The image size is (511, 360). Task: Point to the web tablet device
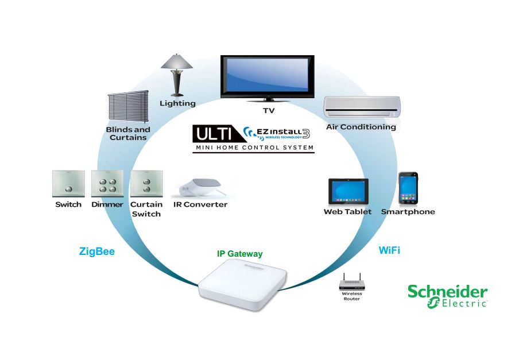click(x=347, y=191)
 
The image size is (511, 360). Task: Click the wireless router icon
click(x=351, y=283)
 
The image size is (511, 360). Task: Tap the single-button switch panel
click(x=68, y=184)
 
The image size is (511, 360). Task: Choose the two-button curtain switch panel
click(x=146, y=184)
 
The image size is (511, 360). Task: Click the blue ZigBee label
click(x=97, y=251)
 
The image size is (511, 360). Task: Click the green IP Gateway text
click(x=239, y=254)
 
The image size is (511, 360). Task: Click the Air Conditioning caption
click(x=361, y=127)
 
